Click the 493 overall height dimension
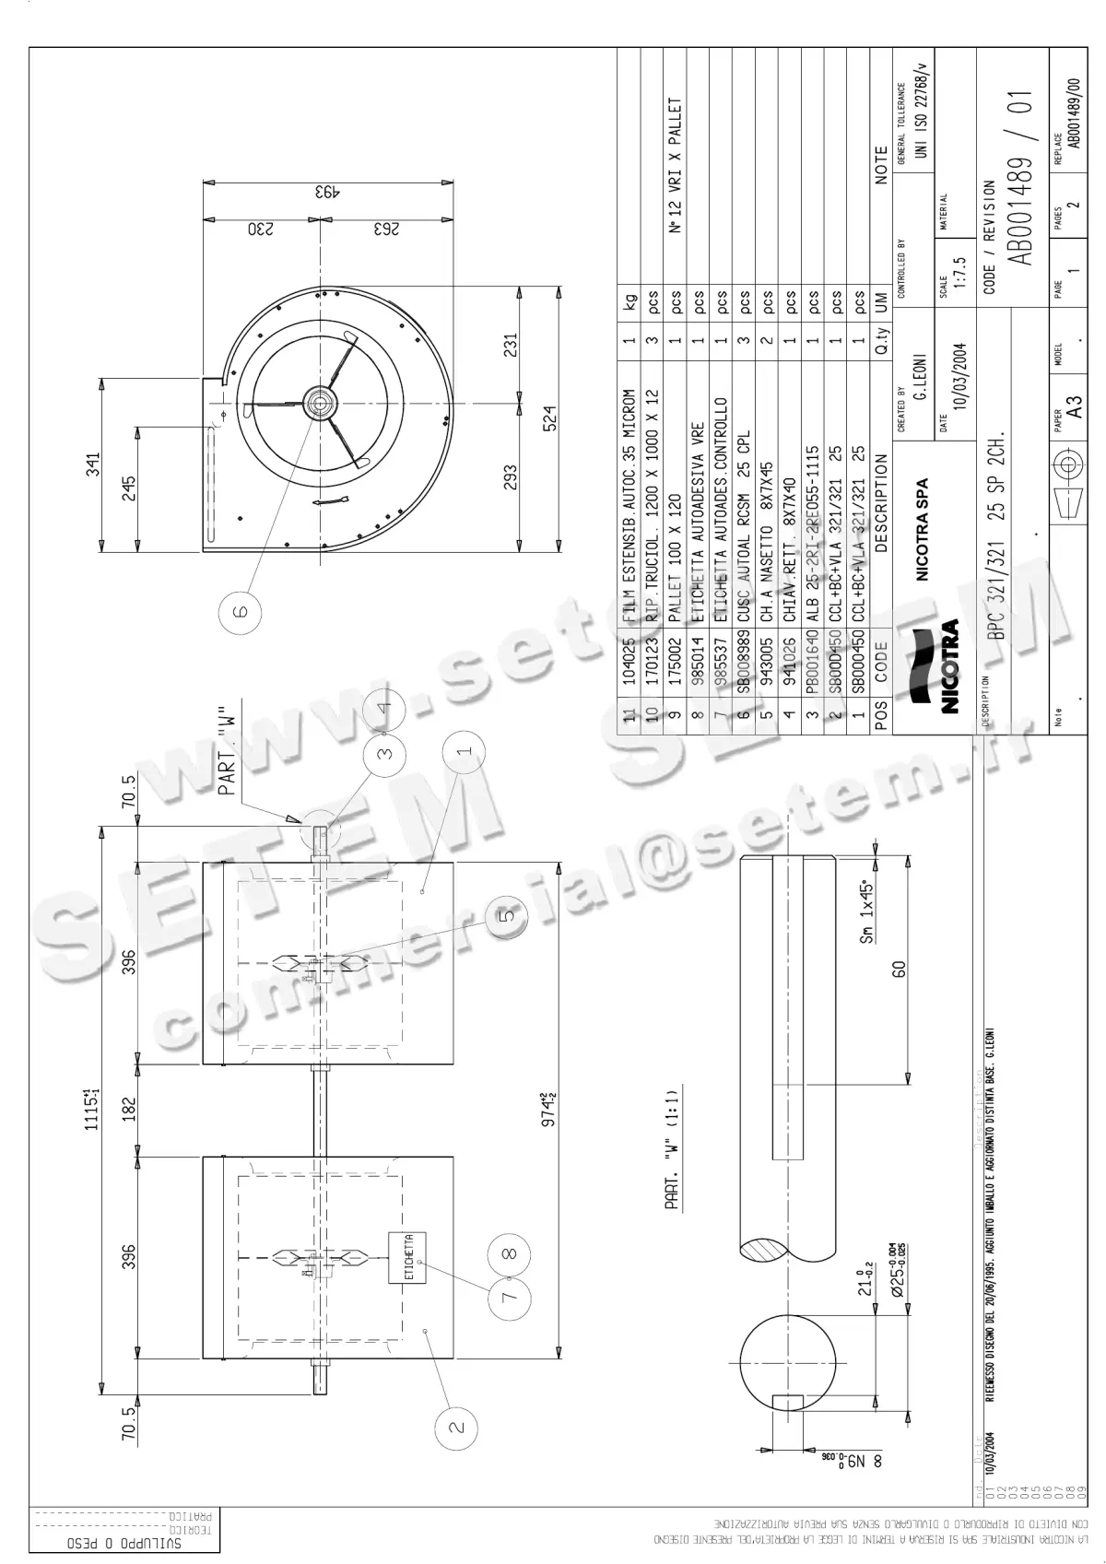click(327, 193)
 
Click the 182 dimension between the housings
click(129, 1109)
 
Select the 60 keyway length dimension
click(899, 970)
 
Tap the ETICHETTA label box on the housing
click(407, 1258)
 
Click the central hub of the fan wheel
click(319, 403)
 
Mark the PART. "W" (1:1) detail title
click(672, 1150)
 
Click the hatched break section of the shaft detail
click(765, 1249)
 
